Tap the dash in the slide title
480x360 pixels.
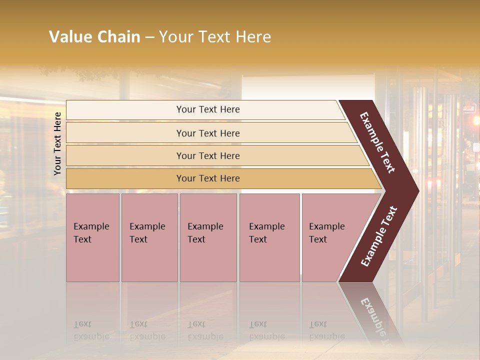click(x=149, y=37)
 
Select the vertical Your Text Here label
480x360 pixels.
click(x=57, y=143)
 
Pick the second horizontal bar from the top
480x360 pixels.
click(x=208, y=133)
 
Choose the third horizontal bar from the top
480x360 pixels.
click(x=208, y=156)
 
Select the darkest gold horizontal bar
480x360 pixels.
click(x=208, y=178)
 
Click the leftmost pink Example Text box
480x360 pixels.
click(x=92, y=237)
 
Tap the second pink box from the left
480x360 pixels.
click(x=149, y=237)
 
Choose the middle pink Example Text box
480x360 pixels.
click(x=208, y=237)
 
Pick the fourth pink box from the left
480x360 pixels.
click(x=269, y=237)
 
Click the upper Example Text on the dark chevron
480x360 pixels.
click(x=377, y=142)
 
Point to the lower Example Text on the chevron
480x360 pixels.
click(x=379, y=236)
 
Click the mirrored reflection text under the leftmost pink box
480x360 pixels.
click(x=91, y=330)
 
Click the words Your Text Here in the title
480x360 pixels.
click(x=215, y=37)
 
